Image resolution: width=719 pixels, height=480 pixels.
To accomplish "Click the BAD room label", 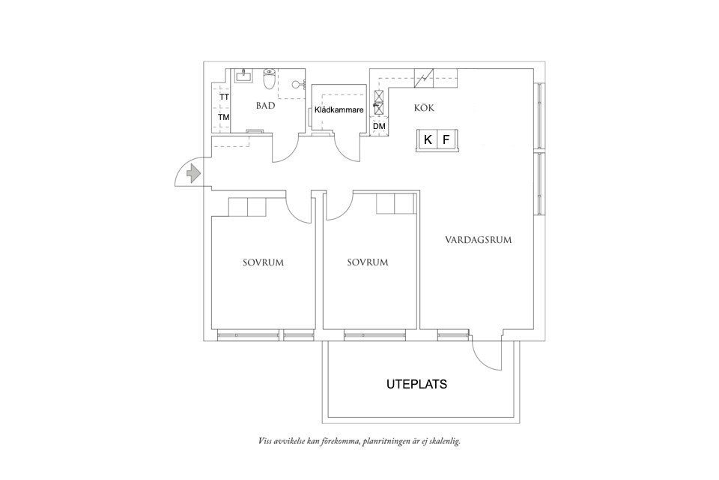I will coord(265,106).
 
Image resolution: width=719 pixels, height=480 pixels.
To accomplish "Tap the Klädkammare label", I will coord(339,109).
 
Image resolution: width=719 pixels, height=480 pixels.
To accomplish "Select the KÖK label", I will coord(424,108).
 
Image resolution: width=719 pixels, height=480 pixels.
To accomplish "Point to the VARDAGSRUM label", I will coord(478,240).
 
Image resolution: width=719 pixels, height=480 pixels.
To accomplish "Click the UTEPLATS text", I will coord(416,384).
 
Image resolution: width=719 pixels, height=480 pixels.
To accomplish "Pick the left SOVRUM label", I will coord(263,262).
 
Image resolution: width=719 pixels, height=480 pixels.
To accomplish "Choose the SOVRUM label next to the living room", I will coord(368,262).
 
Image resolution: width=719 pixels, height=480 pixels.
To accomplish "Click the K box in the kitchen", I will coord(428,139).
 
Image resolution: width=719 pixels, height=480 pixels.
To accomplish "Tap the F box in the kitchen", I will coord(446,139).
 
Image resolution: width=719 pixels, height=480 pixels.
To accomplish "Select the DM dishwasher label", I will coord(380,127).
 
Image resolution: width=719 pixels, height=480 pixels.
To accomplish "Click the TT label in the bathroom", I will coord(223,97).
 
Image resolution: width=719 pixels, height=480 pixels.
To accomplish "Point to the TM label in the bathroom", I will coord(223,118).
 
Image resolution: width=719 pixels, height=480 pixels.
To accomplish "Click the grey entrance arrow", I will coord(193,174).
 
